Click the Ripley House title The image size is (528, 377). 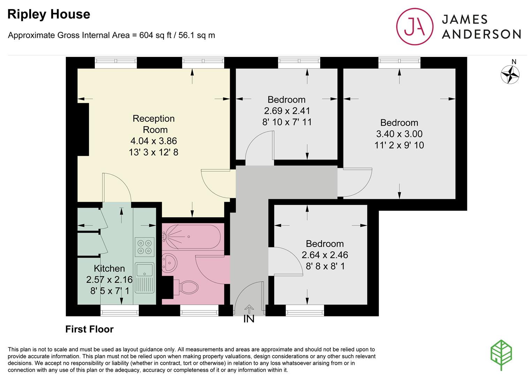pyautogui.click(x=49, y=14)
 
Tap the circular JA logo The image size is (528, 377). pyautogui.click(x=415, y=27)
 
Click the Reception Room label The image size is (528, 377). pyautogui.click(x=154, y=124)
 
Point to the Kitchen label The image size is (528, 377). pyautogui.click(x=110, y=268)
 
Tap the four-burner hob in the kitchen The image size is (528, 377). pyautogui.click(x=144, y=247)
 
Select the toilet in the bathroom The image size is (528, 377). pyautogui.click(x=186, y=287)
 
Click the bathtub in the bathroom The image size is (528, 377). pyautogui.click(x=191, y=236)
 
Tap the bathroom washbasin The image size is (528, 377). pyautogui.click(x=169, y=262)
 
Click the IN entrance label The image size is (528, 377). pyautogui.click(x=249, y=319)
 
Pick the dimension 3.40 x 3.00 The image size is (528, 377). pyautogui.click(x=399, y=134)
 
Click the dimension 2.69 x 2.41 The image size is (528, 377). pyautogui.click(x=287, y=111)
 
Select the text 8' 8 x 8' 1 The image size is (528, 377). pyautogui.click(x=325, y=266)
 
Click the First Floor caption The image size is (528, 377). pyautogui.click(x=89, y=329)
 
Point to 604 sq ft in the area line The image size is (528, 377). pyautogui.click(x=155, y=35)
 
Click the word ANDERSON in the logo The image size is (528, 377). pyautogui.click(x=481, y=35)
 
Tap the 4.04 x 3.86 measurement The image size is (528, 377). pyautogui.click(x=154, y=141)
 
